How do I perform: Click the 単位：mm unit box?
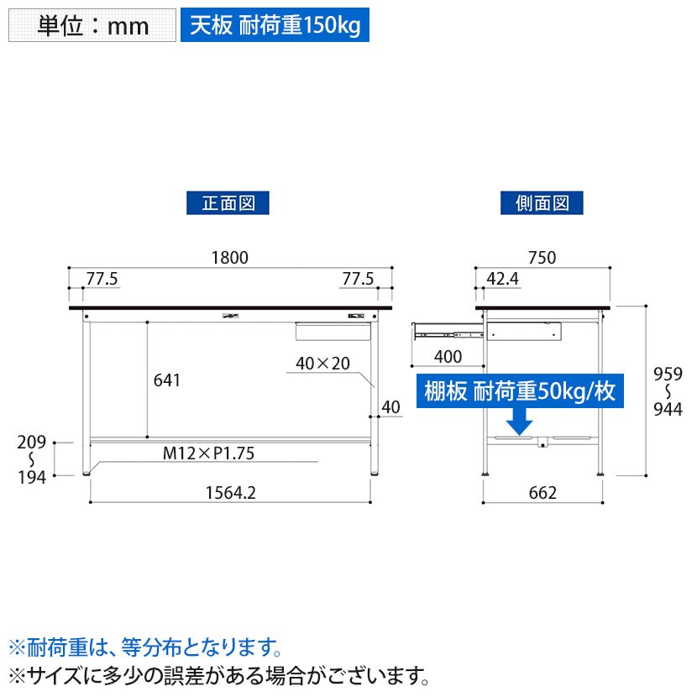[x=92, y=25]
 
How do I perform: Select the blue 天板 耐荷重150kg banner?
[x=275, y=25]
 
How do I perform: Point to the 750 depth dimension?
[x=542, y=258]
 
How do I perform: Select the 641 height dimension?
[x=167, y=380]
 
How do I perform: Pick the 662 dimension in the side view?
[x=542, y=493]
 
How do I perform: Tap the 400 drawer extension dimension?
[x=448, y=357]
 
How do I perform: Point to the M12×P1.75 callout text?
[x=208, y=454]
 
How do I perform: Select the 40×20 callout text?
[x=322, y=364]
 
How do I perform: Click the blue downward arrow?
[x=521, y=421]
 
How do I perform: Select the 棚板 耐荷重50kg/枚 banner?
[x=521, y=392]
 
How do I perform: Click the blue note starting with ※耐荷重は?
[x=143, y=647]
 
